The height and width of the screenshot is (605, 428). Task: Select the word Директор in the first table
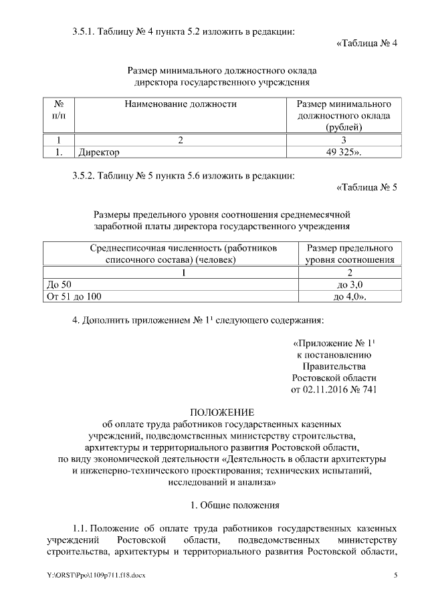point(99,152)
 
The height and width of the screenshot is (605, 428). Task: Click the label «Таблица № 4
point(366,44)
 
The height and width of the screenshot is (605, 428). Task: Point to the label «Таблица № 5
point(366,187)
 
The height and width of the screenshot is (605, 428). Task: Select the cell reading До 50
point(60,284)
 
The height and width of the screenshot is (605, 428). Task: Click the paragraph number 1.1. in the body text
point(79,528)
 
